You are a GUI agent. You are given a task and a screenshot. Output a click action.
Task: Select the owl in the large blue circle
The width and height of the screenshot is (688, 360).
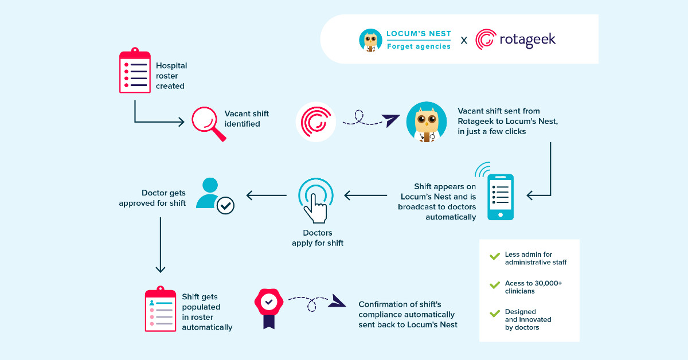426,122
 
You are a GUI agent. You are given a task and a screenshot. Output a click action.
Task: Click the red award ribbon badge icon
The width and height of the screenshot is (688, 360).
268,307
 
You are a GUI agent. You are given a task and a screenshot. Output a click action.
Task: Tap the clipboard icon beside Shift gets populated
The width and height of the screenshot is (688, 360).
160,310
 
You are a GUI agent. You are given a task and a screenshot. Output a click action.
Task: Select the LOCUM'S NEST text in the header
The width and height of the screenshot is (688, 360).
419,34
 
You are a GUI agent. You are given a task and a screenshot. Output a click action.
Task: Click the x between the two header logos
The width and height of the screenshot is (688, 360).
464,40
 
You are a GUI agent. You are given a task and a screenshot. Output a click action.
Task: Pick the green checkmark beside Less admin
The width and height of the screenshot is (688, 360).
494,256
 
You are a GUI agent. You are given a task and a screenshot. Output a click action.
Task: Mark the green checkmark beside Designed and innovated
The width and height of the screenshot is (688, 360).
494,314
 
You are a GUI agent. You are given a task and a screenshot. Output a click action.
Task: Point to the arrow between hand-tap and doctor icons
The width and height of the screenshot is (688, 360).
267,195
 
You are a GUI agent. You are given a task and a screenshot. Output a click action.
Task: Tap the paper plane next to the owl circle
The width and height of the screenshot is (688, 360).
392,120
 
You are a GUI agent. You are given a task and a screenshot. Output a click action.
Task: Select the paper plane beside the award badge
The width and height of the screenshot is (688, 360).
337,302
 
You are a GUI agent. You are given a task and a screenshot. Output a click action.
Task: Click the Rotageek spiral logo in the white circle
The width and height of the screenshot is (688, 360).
316,122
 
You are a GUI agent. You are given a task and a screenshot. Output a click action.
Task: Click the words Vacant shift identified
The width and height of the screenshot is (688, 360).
247,119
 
